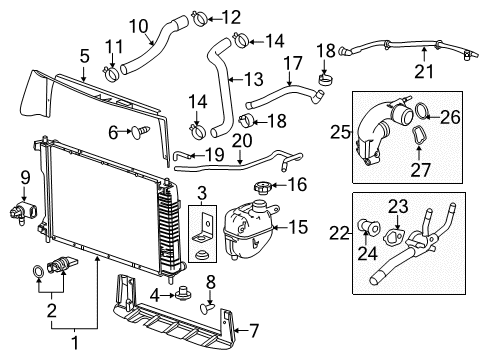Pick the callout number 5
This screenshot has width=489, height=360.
pos(85,57)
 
